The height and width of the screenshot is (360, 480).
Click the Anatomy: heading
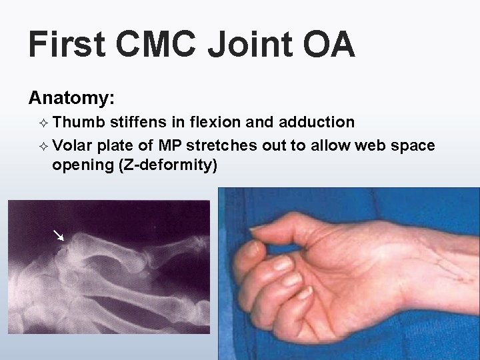tap(72, 99)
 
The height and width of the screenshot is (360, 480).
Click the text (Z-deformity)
tap(167, 165)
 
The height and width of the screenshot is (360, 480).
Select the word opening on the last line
tap(82, 165)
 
